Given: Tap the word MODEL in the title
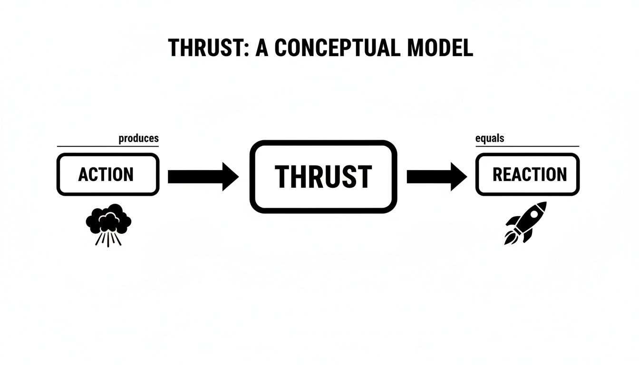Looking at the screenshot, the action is pos(440,48).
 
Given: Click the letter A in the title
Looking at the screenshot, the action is pos(262,48).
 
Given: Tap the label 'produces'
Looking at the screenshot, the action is pos(139,139).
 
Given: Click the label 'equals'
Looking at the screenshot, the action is pos(490,139).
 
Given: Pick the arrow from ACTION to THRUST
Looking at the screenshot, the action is pos(203,176).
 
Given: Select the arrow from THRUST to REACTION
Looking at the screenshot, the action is pos(437,176).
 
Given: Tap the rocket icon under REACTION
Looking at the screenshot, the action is pos(525,223).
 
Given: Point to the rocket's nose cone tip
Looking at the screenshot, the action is pos(546,202).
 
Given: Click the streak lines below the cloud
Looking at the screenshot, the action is pos(108,239).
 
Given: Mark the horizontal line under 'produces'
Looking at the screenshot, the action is pos(108,146).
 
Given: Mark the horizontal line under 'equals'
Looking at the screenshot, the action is pos(527,146).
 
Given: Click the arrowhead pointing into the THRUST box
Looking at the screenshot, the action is pos(231,176).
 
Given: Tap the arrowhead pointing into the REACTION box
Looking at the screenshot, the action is pos(459,176).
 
